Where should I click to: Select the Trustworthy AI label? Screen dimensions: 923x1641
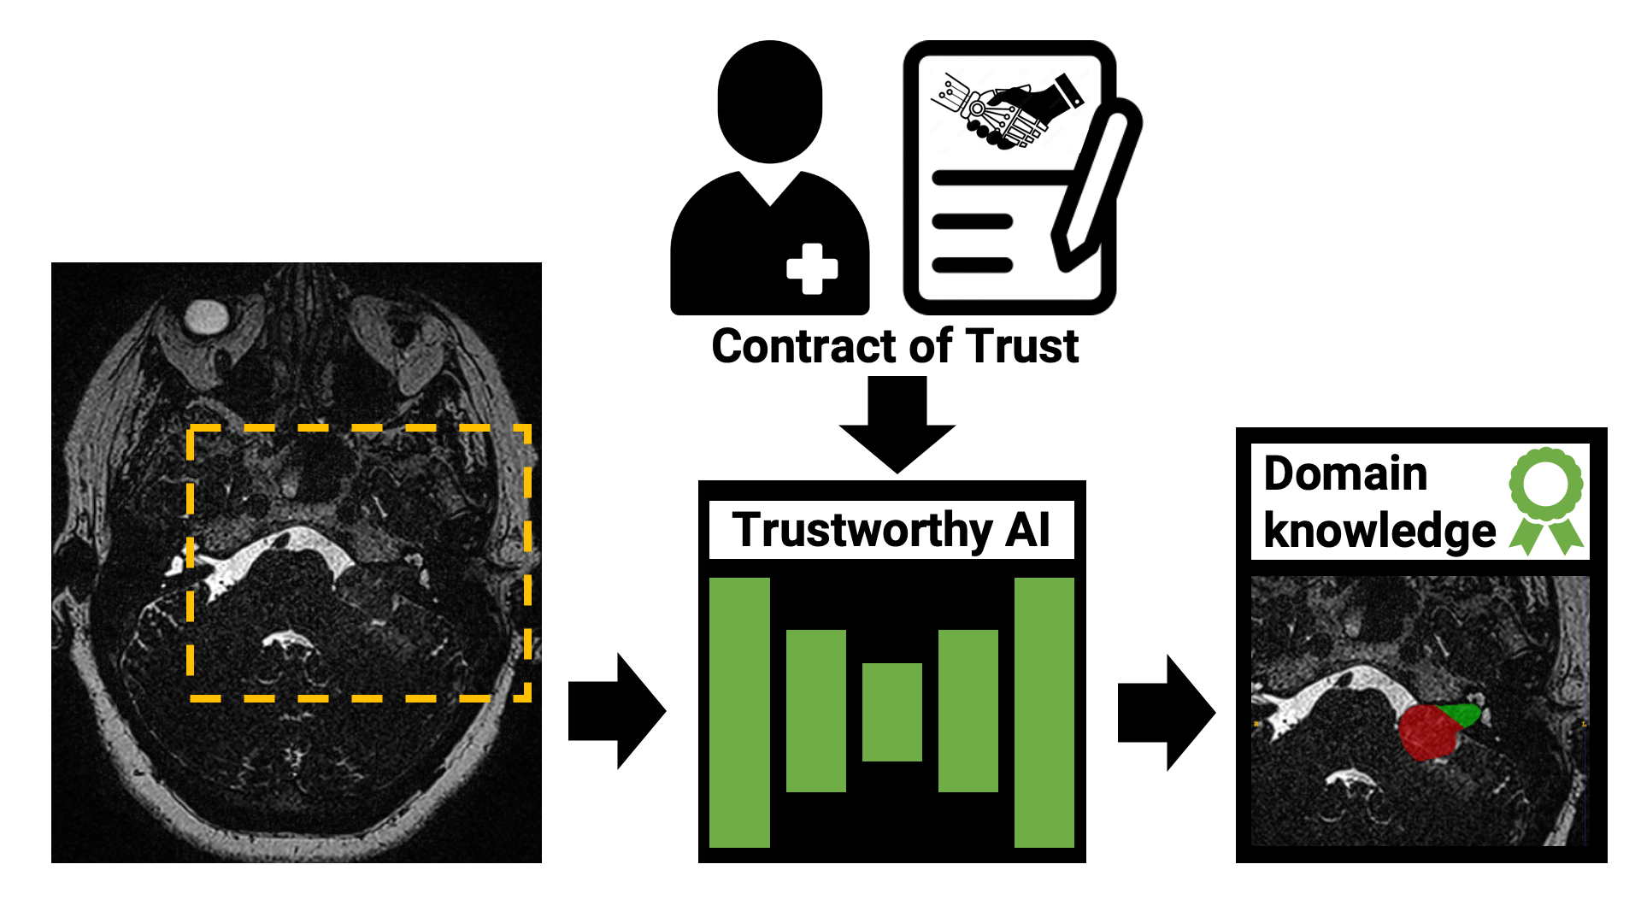click(891, 530)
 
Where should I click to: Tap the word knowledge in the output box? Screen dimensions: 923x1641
click(1379, 531)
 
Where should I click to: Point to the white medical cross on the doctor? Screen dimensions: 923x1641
click(812, 269)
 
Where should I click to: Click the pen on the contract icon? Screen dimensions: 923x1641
click(1097, 184)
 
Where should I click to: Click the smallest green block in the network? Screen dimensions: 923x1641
click(891, 712)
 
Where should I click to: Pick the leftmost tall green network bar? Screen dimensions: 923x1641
click(739, 712)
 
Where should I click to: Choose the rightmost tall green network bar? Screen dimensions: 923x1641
click(1044, 712)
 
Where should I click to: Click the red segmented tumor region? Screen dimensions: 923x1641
click(1427, 733)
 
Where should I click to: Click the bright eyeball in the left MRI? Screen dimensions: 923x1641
click(206, 316)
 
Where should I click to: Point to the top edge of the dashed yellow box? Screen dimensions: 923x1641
click(359, 428)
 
